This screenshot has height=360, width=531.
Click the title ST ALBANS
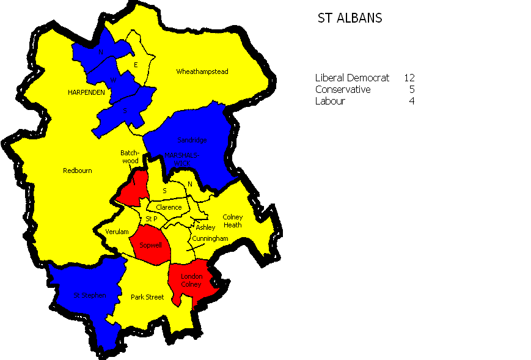[350, 18]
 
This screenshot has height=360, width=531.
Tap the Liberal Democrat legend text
[352, 78]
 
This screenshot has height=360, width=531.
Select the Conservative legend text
[342, 90]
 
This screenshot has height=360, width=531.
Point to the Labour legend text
[330, 101]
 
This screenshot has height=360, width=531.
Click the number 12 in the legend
[409, 78]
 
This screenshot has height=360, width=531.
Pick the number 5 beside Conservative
[412, 90]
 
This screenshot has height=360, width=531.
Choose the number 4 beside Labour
[412, 101]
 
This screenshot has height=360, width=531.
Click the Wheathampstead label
[202, 72]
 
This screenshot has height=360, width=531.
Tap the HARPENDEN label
[86, 92]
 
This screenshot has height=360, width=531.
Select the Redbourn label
[78, 171]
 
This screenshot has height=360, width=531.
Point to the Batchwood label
[130, 157]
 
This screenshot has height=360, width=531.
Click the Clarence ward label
[169, 207]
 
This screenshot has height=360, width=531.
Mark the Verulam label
[117, 232]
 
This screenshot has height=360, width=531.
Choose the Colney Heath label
[232, 221]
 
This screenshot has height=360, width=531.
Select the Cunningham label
[210, 238]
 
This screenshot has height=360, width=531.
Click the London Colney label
[191, 281]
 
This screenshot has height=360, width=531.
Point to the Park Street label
[147, 297]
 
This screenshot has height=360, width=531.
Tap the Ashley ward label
[205, 227]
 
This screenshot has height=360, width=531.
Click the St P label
[151, 219]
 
